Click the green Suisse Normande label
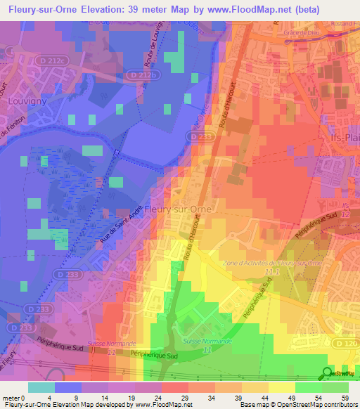click(202, 339)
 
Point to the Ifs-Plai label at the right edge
click(346, 138)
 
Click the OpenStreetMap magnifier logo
click(327, 374)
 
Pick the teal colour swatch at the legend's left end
click(41, 387)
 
